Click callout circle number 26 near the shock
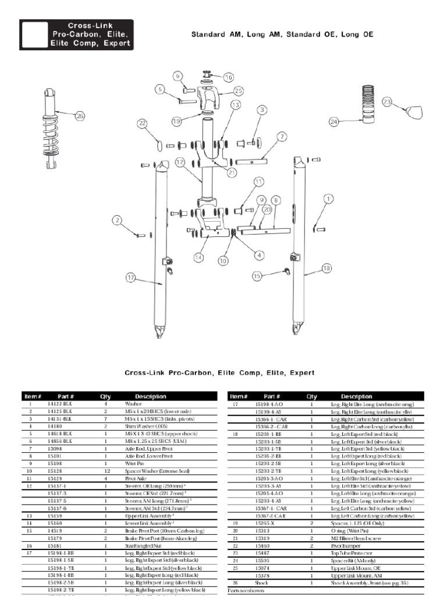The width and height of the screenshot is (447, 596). coord(80,116)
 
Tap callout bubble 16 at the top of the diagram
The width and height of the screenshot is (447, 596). coord(228,77)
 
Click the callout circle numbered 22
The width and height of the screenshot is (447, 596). coord(142,123)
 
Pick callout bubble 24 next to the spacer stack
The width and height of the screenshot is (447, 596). coord(334,122)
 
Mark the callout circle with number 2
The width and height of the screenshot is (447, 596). coord(118,220)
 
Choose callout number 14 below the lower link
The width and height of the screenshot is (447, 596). coord(199,257)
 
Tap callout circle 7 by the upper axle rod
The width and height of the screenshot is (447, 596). coord(282,137)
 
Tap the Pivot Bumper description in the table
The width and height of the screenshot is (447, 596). coord(343,545)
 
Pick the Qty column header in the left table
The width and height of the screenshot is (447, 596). coord(105,396)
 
